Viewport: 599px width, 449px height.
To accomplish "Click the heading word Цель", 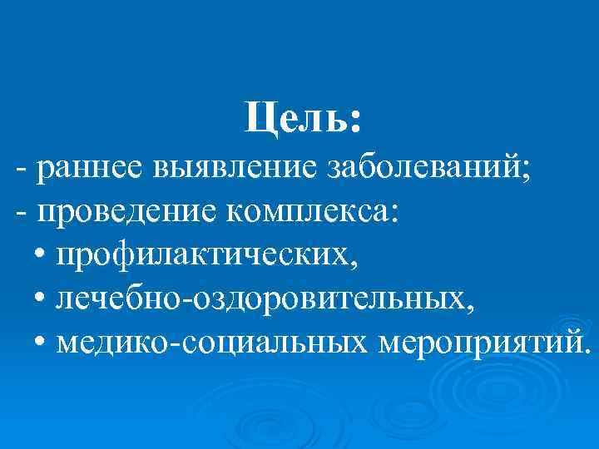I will [x=295, y=118].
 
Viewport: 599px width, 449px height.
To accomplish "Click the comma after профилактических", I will [x=357, y=265].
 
